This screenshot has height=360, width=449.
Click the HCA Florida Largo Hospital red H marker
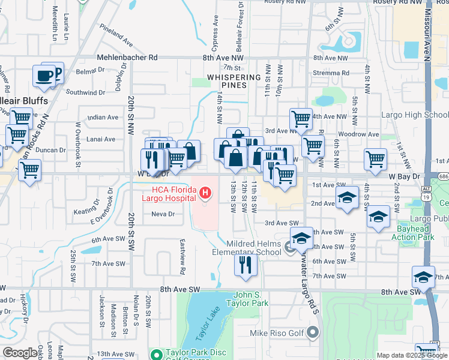tap(205, 193)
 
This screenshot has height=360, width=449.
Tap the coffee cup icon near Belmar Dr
tap(44, 76)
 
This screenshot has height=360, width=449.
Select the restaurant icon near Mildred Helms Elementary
tap(245, 264)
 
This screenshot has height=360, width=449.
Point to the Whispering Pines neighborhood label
tap(234, 81)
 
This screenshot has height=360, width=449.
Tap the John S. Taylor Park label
tap(251, 299)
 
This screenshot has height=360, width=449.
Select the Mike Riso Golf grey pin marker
tap(312, 331)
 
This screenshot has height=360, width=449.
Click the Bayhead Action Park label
tap(415, 233)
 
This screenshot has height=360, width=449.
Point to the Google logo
tap(20, 353)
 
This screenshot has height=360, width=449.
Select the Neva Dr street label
tap(163, 214)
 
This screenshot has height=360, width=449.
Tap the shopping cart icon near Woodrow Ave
tap(313, 145)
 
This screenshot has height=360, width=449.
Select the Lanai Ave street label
tap(101, 139)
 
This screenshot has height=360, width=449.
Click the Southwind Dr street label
tap(85, 92)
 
